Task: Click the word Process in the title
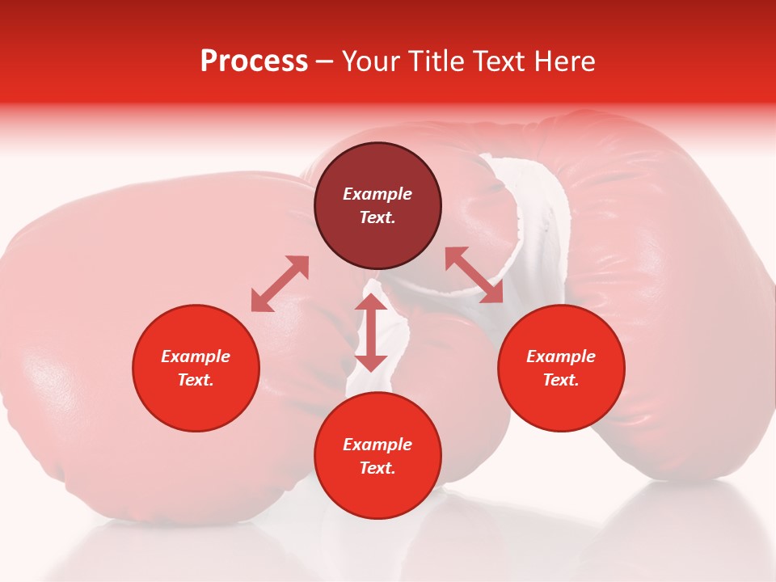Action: click(x=254, y=61)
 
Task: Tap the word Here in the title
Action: click(x=563, y=61)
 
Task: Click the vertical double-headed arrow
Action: click(x=371, y=332)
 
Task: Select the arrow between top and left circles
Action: click(x=280, y=284)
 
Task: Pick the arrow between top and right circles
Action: click(x=474, y=276)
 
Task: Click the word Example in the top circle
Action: click(x=377, y=194)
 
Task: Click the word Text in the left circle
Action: click(x=196, y=380)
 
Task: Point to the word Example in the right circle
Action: click(x=561, y=356)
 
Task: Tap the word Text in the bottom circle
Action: click(x=377, y=468)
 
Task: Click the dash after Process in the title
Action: click(x=324, y=62)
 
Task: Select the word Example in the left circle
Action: click(x=196, y=356)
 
